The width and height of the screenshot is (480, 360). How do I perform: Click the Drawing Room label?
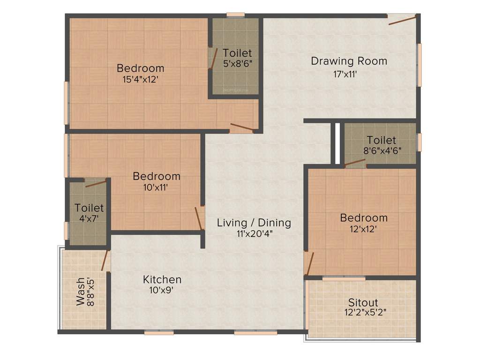point(349,61)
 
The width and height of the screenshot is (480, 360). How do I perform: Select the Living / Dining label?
point(254,223)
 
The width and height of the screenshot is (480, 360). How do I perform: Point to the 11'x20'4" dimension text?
point(254,233)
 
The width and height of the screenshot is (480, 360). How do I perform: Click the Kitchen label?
point(162,280)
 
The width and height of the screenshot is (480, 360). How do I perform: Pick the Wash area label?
point(81,291)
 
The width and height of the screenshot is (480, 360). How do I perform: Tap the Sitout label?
point(363,302)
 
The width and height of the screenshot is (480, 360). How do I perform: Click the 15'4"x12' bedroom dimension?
point(140,79)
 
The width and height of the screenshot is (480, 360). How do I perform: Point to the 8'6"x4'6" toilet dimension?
point(381,150)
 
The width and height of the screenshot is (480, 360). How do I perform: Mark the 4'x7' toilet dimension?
point(89,218)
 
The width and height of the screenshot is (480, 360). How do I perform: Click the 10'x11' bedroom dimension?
point(156,187)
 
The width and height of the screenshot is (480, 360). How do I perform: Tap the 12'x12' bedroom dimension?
point(364,229)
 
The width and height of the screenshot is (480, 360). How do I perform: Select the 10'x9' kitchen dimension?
point(162,291)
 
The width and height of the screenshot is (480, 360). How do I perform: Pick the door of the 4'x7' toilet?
point(96,183)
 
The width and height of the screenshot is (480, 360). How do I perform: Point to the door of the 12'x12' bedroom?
point(309,264)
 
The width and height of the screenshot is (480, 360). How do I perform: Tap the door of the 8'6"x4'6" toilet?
point(355,163)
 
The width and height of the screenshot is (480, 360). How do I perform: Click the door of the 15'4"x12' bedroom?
point(242,127)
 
